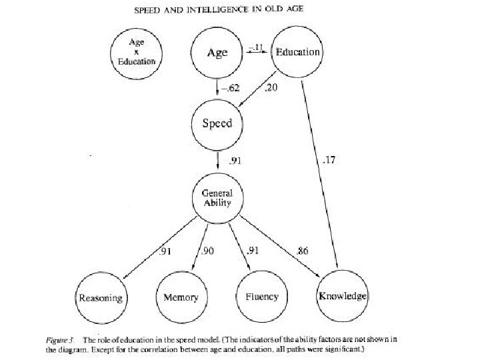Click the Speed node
tap(217, 124)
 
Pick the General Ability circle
tap(217, 198)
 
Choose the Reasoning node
tap(100, 297)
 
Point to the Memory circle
tap(181, 297)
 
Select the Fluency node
tap(261, 297)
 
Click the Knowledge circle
tap(342, 295)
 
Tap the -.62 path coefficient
tap(231, 89)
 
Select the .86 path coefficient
tap(303, 251)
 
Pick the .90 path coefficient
tap(208, 251)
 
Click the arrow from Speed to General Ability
tap(218, 161)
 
